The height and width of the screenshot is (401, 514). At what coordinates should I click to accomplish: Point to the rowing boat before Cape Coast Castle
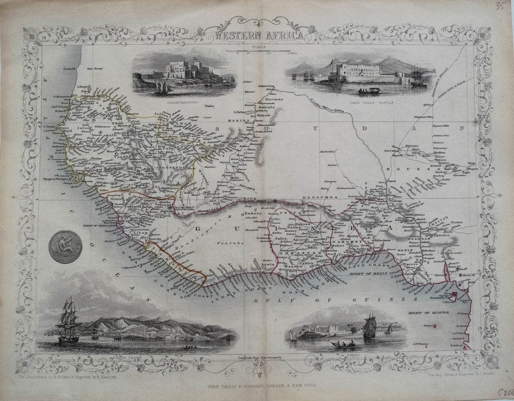click(x=364, y=90)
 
